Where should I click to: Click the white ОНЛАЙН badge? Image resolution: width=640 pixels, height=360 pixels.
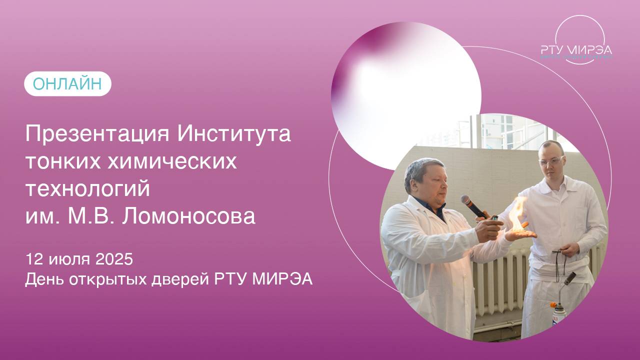click(67, 84)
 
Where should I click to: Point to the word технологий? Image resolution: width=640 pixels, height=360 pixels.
click(87, 189)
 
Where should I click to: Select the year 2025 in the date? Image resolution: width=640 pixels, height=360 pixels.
click(114, 259)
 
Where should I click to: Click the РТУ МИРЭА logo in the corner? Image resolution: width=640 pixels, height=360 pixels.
click(576, 49)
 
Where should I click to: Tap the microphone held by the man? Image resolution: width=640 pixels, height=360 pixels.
click(472, 205)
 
